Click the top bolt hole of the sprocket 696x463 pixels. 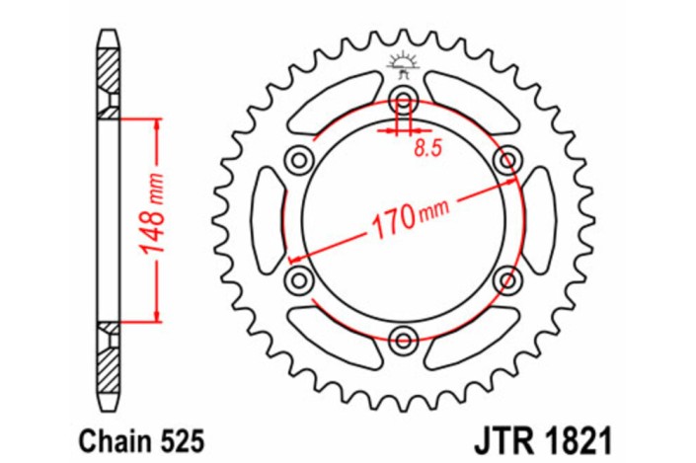(403, 99)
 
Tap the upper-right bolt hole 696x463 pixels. (507, 159)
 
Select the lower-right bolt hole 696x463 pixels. (507, 280)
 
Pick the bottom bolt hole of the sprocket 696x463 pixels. (403, 341)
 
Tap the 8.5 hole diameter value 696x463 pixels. (426, 149)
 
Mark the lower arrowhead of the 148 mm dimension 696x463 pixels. (156, 316)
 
